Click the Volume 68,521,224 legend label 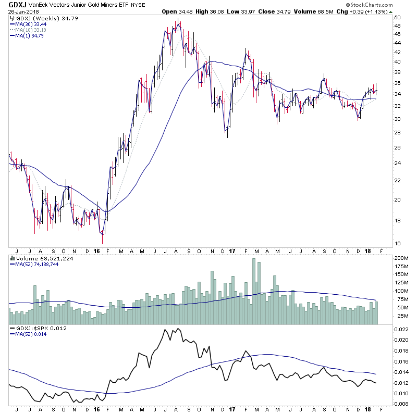click(x=44, y=258)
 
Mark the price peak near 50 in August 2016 click(x=178, y=20)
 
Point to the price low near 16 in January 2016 click(x=103, y=242)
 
